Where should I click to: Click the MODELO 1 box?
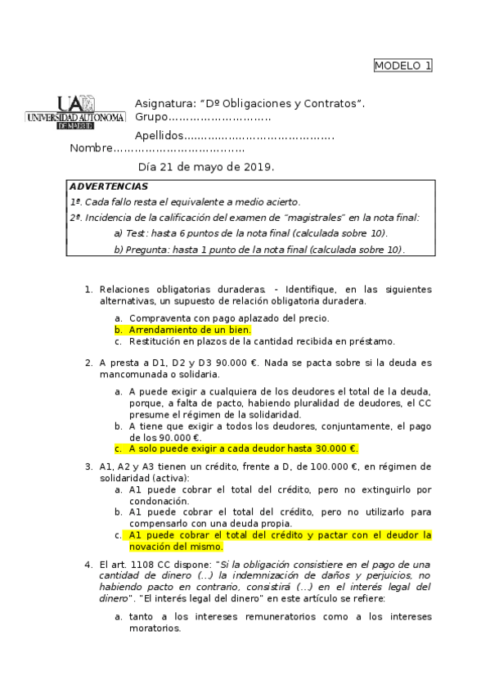click(x=402, y=65)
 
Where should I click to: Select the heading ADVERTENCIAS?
click(x=97, y=187)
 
